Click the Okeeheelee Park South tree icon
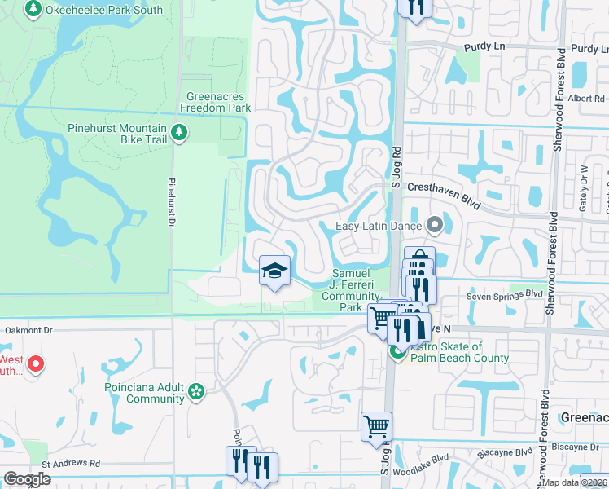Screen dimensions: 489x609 33,9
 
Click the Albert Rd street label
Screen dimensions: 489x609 586,98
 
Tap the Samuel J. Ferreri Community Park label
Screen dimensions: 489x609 352,291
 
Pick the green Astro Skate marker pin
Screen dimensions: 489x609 398,351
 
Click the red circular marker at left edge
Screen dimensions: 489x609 35,364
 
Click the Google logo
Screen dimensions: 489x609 27,480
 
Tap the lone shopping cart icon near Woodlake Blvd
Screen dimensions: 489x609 376,425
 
